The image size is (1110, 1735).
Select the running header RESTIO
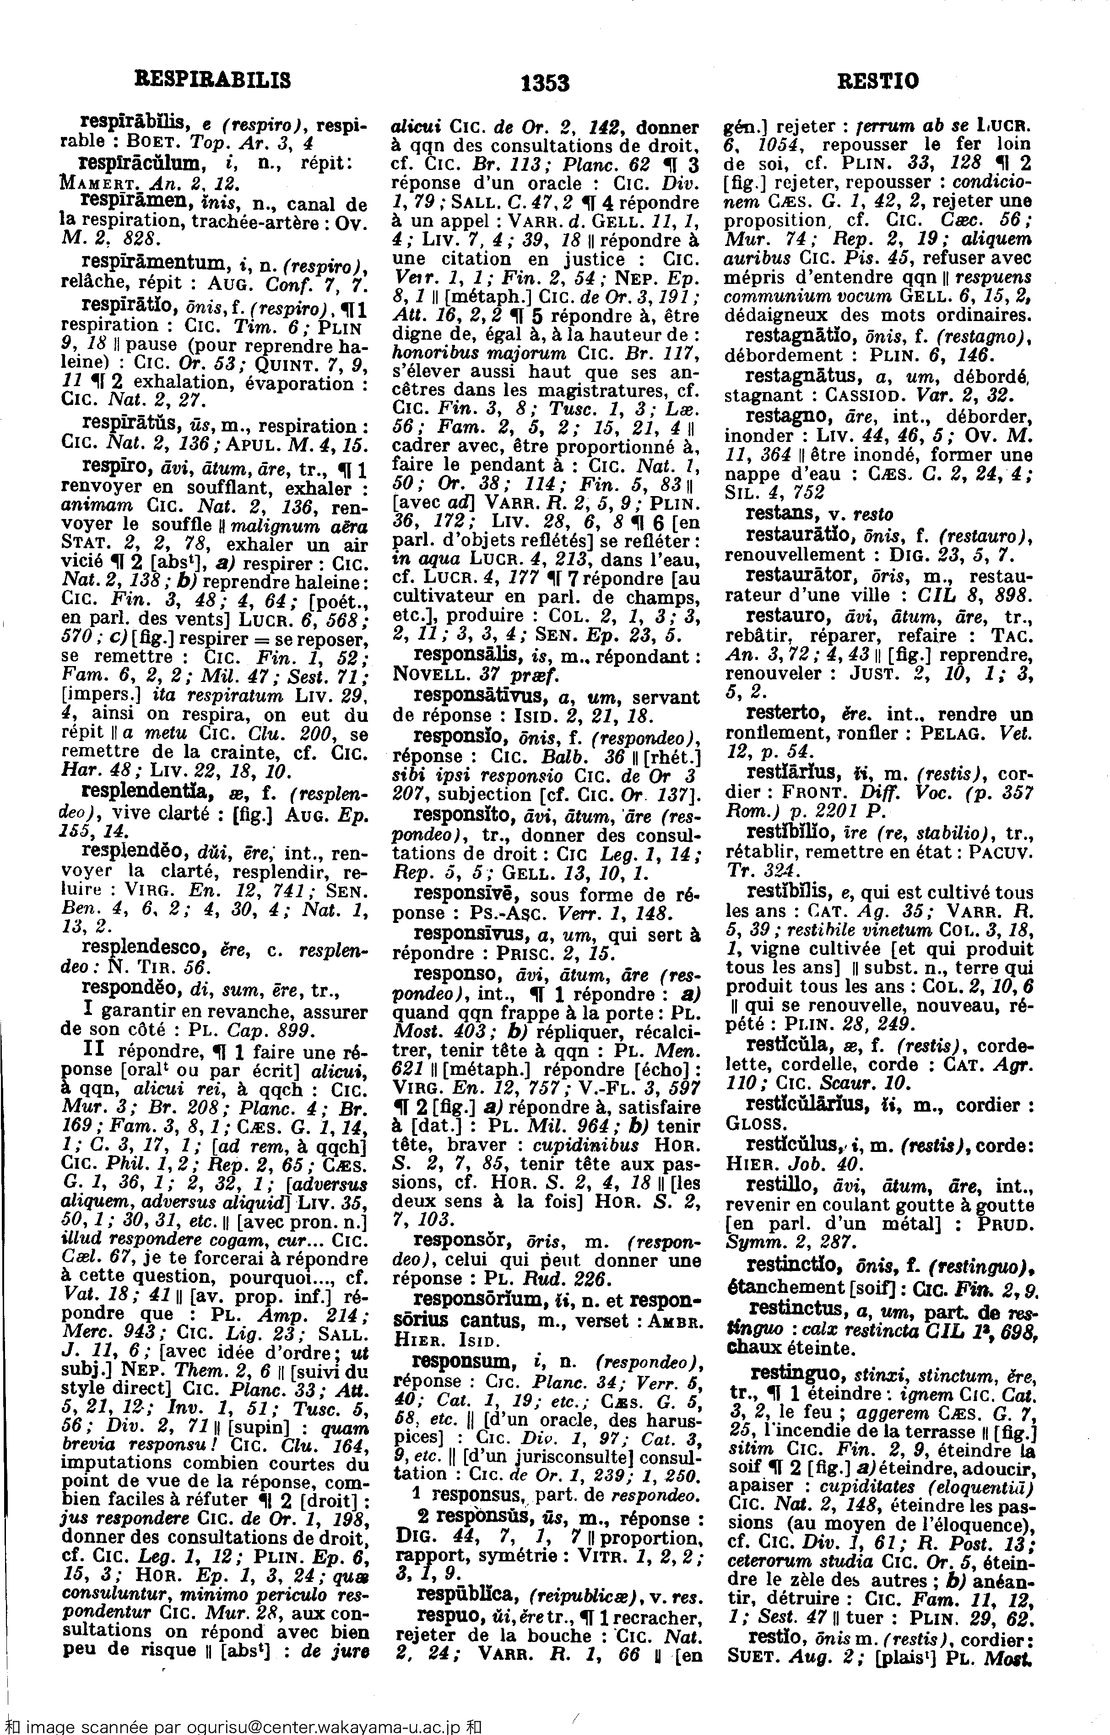[878, 80]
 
